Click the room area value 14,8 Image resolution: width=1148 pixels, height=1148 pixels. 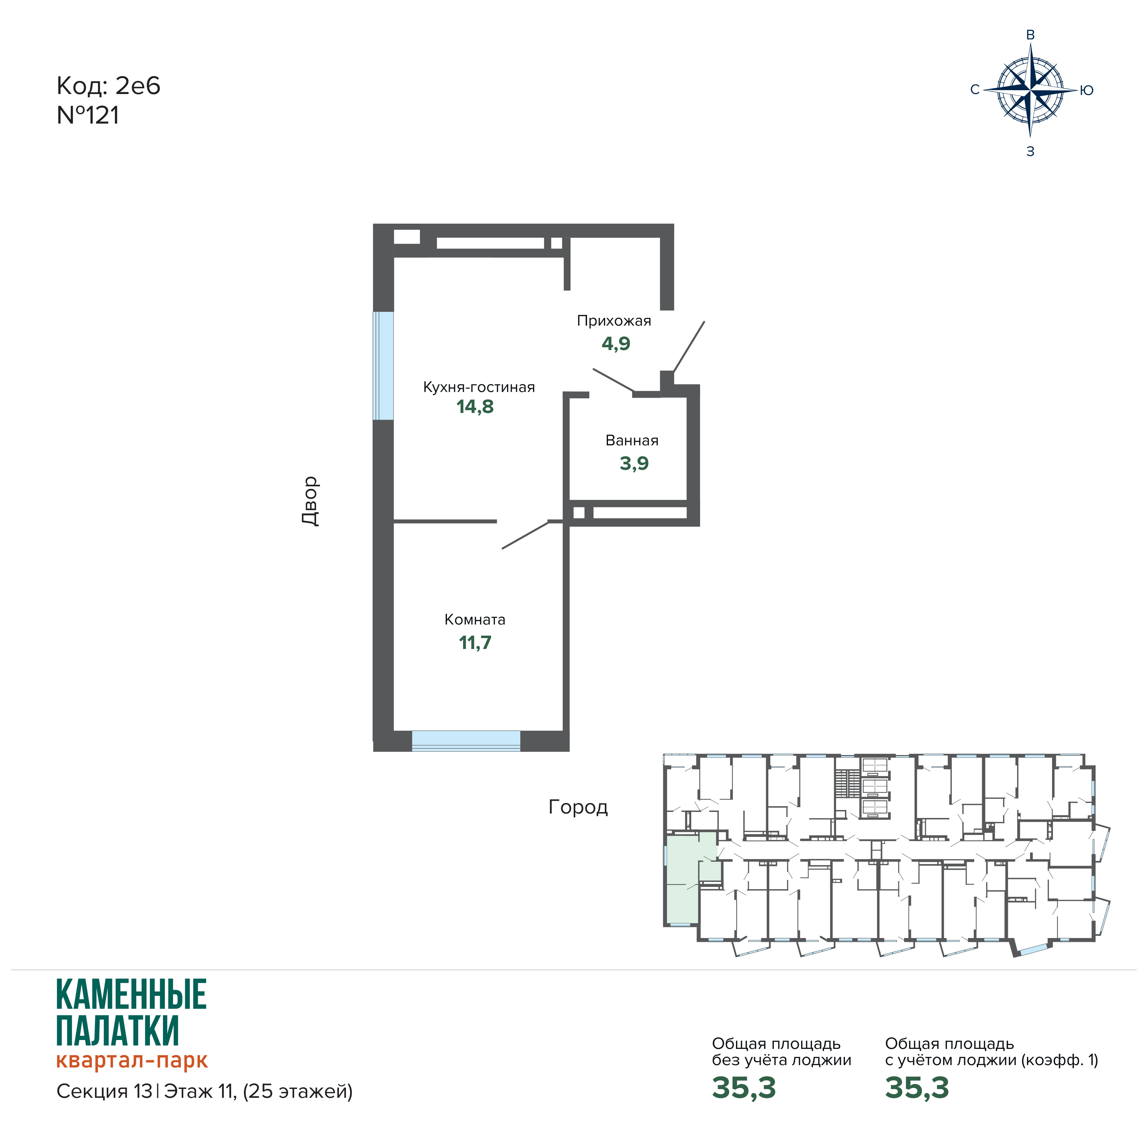[475, 407]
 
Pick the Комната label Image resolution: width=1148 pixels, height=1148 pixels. [475, 620]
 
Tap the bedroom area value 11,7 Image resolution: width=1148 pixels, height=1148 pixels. [475, 643]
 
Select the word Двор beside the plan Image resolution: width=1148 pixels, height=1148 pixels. [310, 501]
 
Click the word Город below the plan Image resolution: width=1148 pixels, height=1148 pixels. [578, 807]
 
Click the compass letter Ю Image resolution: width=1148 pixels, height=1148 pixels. [1087, 90]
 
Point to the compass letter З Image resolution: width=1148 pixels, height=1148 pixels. [1030, 152]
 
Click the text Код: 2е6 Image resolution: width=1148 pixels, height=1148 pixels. [108, 86]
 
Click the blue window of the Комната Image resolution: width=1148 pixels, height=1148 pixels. [466, 741]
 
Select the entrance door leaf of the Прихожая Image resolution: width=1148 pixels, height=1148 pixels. [689, 347]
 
